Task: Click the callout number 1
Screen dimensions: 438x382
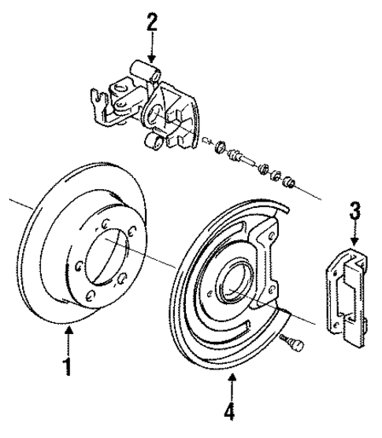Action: (69, 366)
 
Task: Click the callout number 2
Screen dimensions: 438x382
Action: (152, 21)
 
